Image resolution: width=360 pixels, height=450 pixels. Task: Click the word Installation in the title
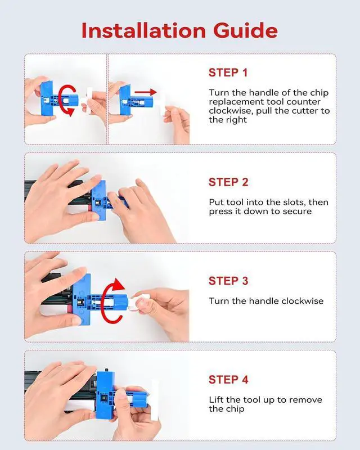pos(143,30)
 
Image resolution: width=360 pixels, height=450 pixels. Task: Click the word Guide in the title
pos(245,30)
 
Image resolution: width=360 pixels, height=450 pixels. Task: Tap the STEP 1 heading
pos(228,73)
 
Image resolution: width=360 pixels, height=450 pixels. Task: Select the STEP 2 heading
pos(228,182)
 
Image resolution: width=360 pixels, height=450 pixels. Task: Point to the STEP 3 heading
pos(228,281)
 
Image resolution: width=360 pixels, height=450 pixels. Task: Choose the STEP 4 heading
pos(228,379)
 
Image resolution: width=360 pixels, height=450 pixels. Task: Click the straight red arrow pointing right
pos(146,92)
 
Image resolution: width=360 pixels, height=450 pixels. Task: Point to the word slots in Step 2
pos(295,202)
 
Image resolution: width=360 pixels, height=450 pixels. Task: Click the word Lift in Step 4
pos(216,399)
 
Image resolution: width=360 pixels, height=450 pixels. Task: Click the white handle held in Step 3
pos(138,302)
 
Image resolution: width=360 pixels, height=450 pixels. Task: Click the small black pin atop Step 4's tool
pos(106,370)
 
